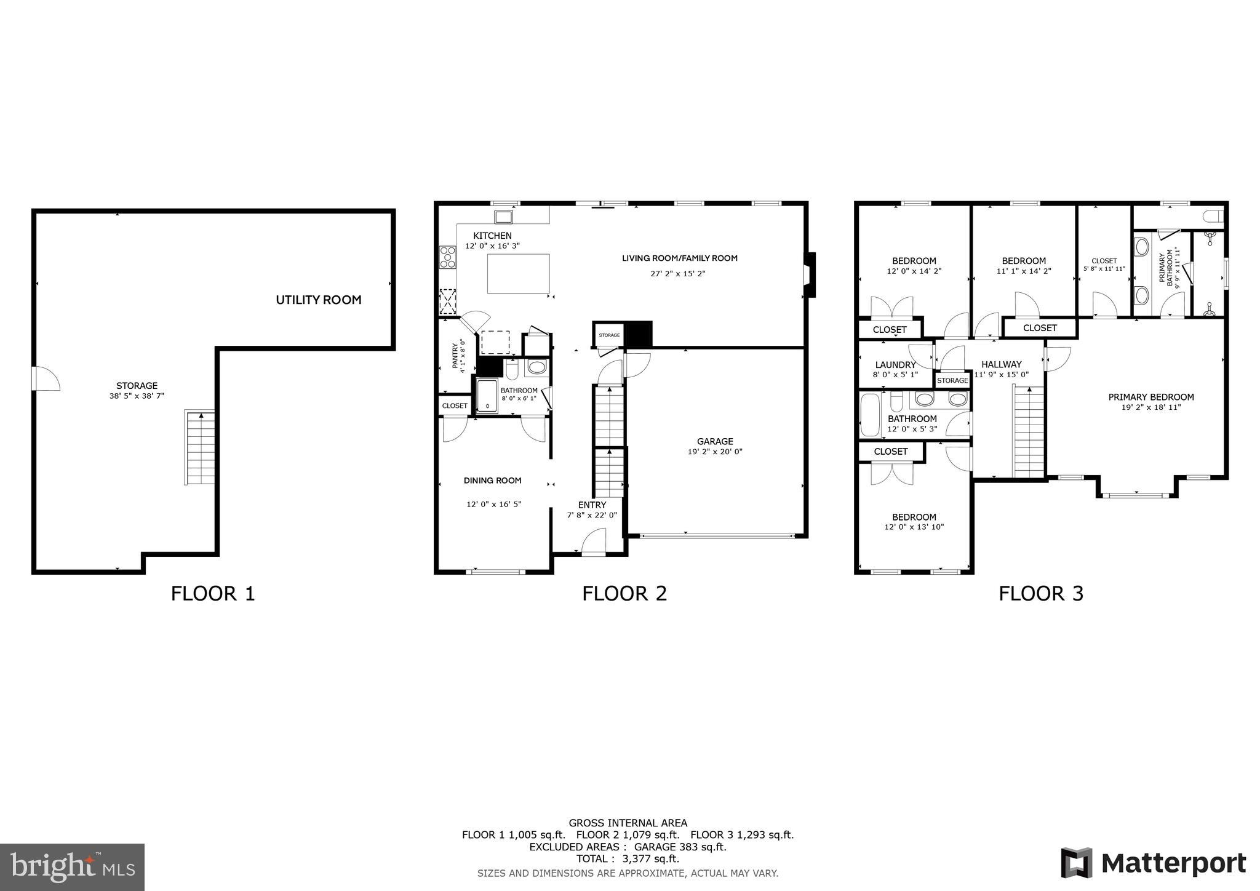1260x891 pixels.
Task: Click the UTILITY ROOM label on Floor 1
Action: (318, 300)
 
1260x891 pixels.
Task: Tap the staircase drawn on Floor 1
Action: (200, 447)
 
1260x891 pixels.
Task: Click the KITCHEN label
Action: (492, 236)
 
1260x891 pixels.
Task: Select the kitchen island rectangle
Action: (518, 274)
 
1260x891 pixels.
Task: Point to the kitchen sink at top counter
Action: (504, 217)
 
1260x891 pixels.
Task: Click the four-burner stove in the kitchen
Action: (447, 257)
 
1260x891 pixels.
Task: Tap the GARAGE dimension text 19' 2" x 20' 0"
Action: (715, 452)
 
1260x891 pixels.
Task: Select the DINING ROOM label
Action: (492, 481)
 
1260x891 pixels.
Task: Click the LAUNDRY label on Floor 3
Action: (895, 365)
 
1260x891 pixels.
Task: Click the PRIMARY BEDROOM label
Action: (1151, 398)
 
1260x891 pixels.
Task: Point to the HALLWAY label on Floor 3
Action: (1001, 364)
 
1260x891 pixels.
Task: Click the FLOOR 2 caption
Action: (624, 594)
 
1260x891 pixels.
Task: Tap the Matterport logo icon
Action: (1076, 863)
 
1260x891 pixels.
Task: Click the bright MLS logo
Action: (73, 867)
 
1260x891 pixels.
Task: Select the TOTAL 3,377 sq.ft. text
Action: (628, 858)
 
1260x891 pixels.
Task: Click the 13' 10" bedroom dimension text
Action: (914, 527)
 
